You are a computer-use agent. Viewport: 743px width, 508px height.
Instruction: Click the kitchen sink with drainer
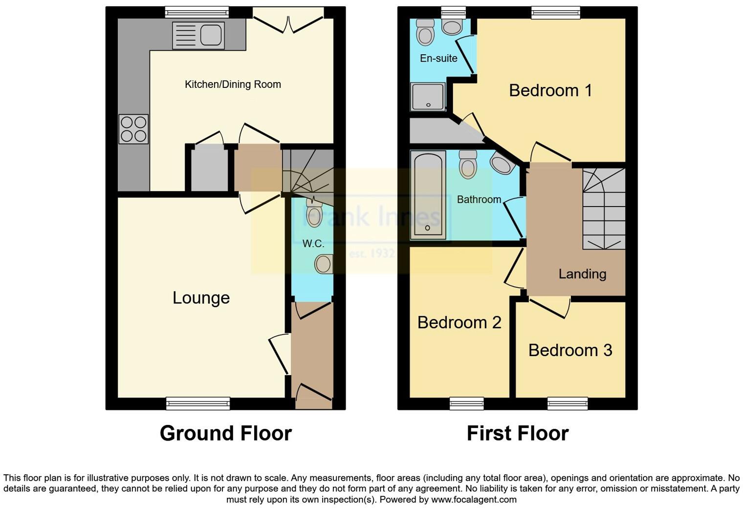198,35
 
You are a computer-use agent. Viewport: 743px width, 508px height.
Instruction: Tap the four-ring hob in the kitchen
133,129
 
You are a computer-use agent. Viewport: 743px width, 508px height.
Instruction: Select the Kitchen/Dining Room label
233,85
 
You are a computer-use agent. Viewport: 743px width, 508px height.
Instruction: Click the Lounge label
201,298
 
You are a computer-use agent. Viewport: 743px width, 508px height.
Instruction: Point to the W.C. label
313,244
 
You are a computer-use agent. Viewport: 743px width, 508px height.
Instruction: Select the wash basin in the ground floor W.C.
324,264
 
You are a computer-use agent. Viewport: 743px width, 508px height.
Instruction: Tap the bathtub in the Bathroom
428,195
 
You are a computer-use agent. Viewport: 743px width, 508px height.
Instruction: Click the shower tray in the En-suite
428,96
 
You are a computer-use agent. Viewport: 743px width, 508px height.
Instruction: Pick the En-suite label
438,59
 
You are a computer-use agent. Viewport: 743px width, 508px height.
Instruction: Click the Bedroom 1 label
550,90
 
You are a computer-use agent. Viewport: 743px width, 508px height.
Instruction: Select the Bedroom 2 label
459,323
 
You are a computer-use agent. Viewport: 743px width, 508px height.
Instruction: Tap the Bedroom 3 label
570,350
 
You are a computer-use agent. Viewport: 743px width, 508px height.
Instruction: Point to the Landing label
582,274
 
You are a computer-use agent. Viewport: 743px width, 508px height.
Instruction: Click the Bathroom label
479,199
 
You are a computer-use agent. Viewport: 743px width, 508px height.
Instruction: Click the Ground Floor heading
225,433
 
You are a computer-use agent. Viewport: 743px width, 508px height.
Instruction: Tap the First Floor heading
517,433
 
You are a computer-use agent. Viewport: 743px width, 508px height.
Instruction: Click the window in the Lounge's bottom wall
197,403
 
